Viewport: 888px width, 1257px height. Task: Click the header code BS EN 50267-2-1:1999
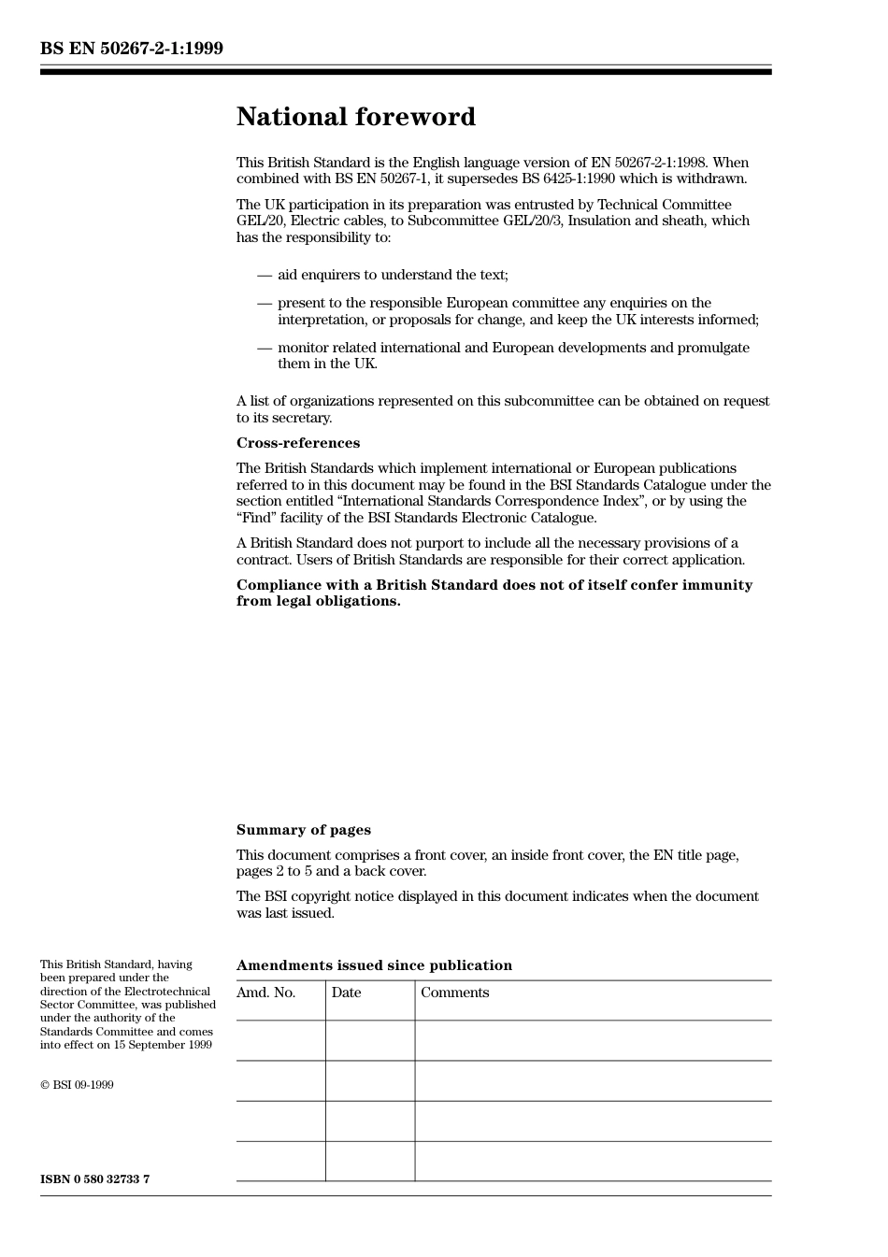(x=132, y=49)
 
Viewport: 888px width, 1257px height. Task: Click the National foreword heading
(x=355, y=117)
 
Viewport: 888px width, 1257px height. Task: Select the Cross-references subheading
(x=297, y=443)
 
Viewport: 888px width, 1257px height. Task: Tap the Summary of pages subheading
(x=303, y=830)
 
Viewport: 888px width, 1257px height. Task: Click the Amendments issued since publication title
(x=374, y=965)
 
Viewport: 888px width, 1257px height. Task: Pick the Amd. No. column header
(x=265, y=993)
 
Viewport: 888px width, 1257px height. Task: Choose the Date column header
(x=346, y=993)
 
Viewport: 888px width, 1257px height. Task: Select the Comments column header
(x=454, y=993)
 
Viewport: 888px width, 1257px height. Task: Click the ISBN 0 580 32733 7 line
(x=94, y=1178)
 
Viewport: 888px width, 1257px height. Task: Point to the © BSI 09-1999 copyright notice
(x=77, y=1085)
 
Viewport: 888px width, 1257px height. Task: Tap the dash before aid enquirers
(x=265, y=275)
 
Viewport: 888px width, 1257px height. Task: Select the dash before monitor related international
(x=265, y=348)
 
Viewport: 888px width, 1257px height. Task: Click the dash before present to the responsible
(x=265, y=303)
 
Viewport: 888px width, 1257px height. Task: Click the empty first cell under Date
(x=370, y=1040)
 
